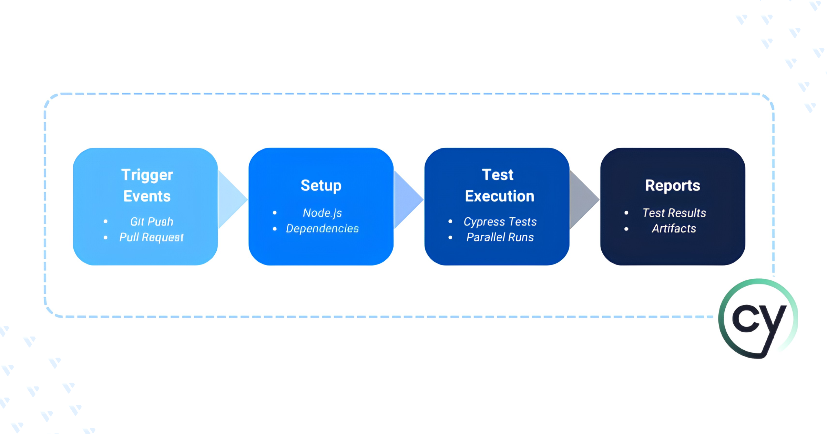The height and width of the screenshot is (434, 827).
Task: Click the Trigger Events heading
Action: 147,186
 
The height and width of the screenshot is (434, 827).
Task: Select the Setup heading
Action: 321,186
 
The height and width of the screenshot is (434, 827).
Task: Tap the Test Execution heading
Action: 499,185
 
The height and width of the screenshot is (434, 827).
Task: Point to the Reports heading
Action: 673,185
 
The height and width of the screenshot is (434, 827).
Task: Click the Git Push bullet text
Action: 152,221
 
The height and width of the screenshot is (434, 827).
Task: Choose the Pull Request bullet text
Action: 152,237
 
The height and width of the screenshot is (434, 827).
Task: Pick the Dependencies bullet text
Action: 323,228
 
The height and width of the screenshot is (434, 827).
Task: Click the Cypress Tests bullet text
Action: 500,222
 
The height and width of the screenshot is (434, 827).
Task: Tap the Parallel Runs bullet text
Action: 500,237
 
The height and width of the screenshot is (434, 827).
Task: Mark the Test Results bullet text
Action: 674,213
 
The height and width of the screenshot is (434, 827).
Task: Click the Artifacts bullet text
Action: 674,228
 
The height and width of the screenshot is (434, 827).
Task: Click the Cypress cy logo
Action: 758,319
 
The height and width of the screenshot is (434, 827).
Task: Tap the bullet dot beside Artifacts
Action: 626,229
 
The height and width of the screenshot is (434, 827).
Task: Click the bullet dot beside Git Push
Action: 105,221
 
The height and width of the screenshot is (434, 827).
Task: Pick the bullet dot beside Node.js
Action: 275,213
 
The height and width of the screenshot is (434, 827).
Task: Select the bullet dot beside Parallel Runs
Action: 450,237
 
